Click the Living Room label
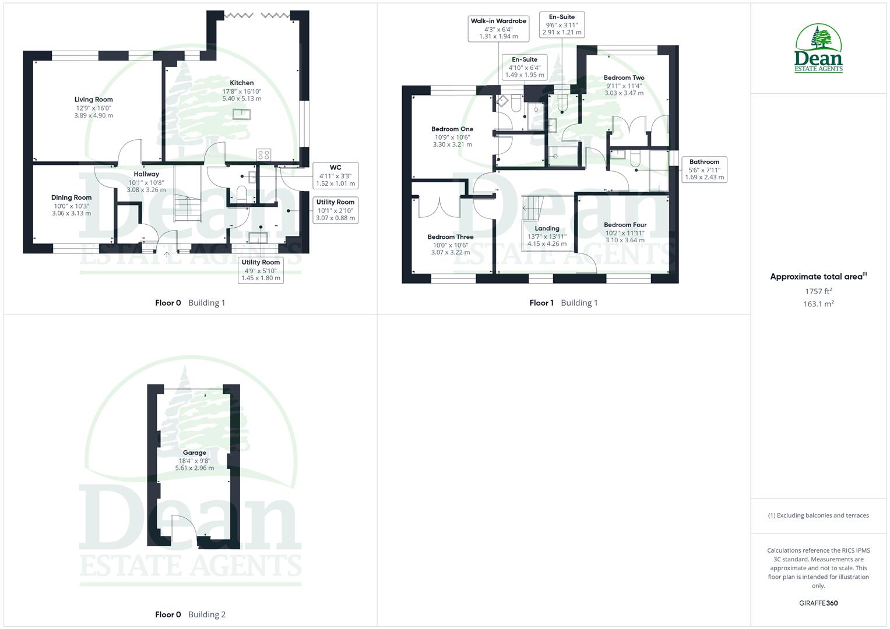pos(93,100)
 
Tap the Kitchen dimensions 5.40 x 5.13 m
pos(241,99)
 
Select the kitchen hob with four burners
pos(263,154)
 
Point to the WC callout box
pos(335,176)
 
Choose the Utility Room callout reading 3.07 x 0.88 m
pos(335,210)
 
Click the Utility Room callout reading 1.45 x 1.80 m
pos(261,270)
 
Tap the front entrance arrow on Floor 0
pos(167,254)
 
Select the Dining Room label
pos(71,197)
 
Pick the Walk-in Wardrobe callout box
pos(498,29)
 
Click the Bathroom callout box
pos(704,169)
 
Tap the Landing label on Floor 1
pos(547,228)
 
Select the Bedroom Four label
pos(625,225)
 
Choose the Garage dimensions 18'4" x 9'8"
pos(194,461)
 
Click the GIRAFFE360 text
pos(818,603)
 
